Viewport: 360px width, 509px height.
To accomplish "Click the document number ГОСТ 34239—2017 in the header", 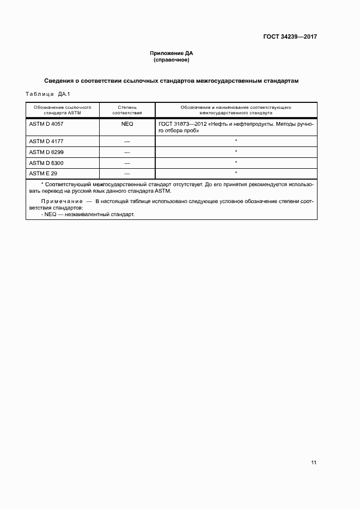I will (290, 37).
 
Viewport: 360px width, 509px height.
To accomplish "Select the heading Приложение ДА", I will (172, 53).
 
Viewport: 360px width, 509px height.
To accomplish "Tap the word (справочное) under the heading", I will (172, 60).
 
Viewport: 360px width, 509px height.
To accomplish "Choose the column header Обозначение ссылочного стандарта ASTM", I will (62, 111).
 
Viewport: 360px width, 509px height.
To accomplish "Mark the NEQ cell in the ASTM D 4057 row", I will (127, 124).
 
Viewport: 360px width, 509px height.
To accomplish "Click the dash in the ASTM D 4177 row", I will (127, 142).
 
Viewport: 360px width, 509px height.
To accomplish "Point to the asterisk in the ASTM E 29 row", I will (236, 173).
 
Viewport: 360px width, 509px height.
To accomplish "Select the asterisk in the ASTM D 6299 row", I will (236, 151).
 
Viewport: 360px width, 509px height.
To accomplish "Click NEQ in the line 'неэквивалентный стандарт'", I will (50, 214).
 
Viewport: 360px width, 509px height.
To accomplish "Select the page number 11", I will (314, 463).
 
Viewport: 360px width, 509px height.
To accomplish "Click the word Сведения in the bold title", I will (60, 81).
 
